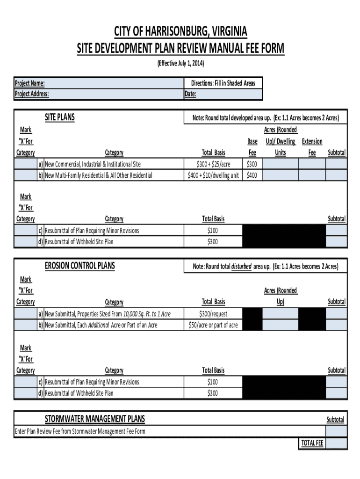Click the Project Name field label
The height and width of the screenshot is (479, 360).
(30, 83)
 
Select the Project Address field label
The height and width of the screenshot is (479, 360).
(32, 94)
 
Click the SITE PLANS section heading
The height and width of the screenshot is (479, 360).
(59, 117)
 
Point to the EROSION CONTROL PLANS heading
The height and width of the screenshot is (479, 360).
(79, 266)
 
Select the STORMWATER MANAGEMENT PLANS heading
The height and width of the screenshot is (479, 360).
(94, 419)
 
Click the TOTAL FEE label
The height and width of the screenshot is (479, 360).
(312, 443)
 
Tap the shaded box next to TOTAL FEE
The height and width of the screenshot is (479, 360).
(336, 443)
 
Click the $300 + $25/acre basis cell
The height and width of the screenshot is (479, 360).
(213, 164)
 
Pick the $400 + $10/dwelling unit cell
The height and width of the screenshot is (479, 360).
(213, 175)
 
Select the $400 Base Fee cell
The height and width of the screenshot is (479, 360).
(252, 175)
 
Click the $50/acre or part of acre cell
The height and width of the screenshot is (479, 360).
(213, 325)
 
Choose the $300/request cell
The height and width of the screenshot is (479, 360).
(213, 314)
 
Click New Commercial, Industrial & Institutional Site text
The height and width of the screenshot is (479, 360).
(93, 164)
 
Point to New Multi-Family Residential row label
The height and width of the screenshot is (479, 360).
(98, 175)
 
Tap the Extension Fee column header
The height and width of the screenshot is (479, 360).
(312, 146)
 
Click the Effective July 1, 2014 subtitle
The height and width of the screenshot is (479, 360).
(180, 63)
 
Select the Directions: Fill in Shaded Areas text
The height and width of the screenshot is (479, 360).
(223, 83)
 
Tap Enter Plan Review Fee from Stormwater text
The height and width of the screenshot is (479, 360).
(80, 431)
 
